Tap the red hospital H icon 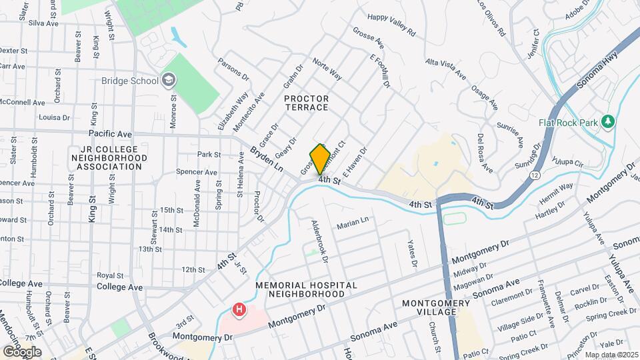pos(238,309)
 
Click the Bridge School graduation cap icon pos(169,81)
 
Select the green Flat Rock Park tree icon pos(607,122)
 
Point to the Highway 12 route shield pos(535,174)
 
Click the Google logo pos(21,351)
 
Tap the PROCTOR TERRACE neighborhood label pos(306,103)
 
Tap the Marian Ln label pos(353,222)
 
